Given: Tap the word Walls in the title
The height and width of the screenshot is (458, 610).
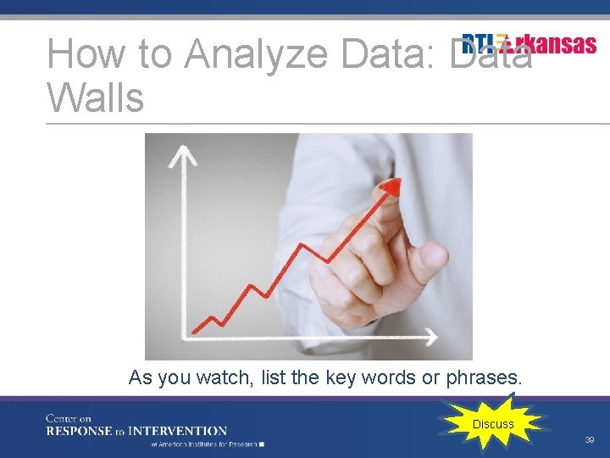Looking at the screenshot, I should click(95, 98).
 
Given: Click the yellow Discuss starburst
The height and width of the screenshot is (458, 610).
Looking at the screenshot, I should click(493, 424).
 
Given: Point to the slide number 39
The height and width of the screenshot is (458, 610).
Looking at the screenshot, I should click(589, 440).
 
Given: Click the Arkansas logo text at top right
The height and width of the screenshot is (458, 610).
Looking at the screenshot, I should click(530, 44).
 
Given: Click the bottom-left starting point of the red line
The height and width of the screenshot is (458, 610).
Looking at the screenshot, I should click(194, 331).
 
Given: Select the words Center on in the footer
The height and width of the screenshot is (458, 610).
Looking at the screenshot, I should click(68, 418).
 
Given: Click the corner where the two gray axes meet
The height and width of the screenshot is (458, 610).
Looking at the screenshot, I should click(184, 337).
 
